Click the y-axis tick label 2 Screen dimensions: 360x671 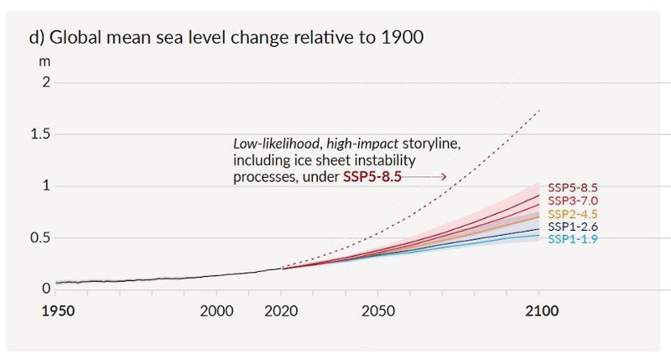[x=47, y=82]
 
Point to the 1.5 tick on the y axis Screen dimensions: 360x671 [x=41, y=134]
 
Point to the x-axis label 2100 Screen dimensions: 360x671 [x=539, y=310]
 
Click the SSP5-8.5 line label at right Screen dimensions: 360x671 [x=573, y=188]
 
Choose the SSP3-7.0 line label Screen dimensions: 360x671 [x=573, y=201]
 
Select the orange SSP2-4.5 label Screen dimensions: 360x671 [x=573, y=214]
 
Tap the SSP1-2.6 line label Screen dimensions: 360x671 [x=573, y=227]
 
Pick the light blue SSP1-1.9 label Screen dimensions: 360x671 [x=573, y=239]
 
